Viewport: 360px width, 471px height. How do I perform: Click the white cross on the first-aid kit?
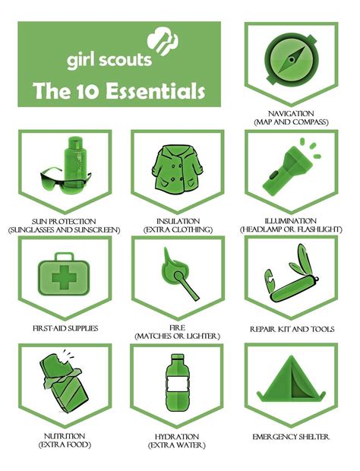pos(63,279)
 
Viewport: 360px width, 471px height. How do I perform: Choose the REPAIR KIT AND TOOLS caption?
pos(292,329)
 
